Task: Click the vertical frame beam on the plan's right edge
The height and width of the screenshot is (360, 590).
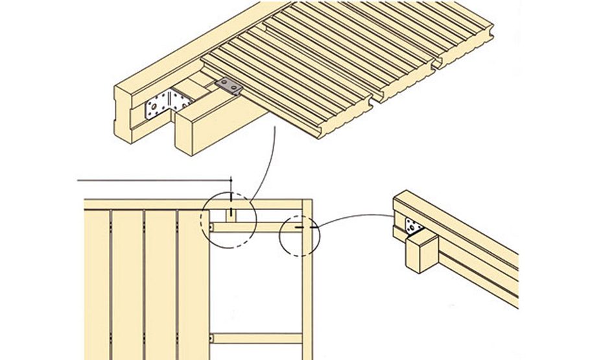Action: point(307,292)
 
